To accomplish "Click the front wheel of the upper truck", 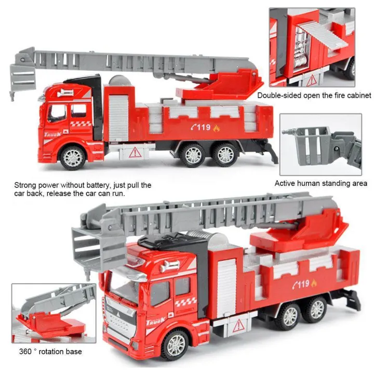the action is (x=73, y=157).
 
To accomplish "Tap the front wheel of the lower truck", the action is (x=176, y=345).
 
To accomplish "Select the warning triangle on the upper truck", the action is (x=135, y=152).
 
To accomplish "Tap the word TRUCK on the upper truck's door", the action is (x=52, y=134).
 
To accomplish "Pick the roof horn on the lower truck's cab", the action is (x=170, y=265).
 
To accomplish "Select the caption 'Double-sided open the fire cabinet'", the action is (x=314, y=96).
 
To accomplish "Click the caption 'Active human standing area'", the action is (x=321, y=183).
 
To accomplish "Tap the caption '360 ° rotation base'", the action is (x=50, y=351).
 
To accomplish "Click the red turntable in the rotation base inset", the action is (x=51, y=322).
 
